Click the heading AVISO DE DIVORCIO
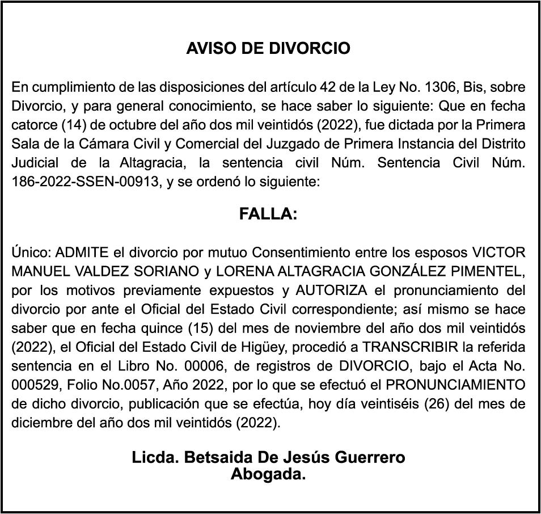click(x=268, y=48)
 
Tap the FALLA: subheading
click(x=268, y=214)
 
